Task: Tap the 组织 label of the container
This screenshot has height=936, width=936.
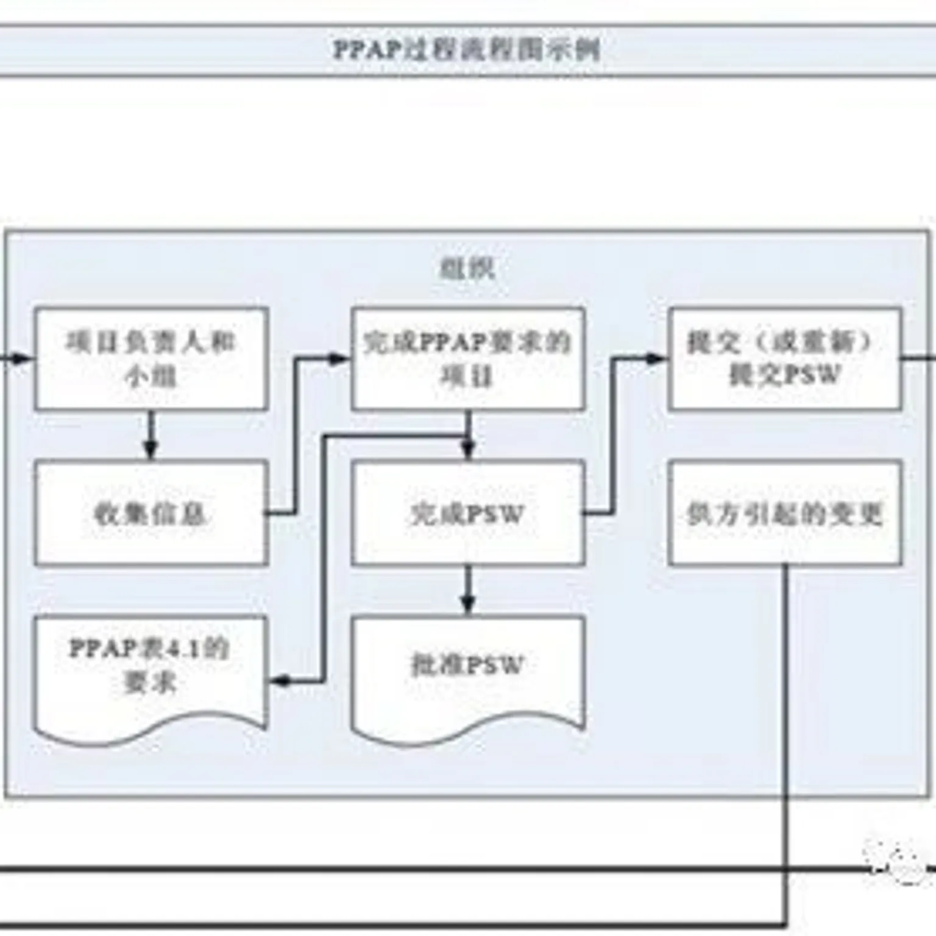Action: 467,268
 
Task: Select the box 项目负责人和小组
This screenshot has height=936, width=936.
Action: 151,358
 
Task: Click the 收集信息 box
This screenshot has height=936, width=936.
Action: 151,513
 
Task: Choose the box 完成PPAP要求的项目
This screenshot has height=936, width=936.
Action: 468,358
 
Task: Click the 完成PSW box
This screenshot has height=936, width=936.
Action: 468,513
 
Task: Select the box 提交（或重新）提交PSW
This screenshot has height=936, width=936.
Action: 785,358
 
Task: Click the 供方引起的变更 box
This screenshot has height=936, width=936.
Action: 785,513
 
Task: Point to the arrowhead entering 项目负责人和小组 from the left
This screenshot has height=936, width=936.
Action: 24,358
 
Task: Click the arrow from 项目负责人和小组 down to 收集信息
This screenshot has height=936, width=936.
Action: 151,436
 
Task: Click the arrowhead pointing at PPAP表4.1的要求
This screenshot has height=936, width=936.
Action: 280,681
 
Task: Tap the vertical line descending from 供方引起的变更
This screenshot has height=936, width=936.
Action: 785,731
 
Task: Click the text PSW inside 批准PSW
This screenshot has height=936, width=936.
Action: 495,665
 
